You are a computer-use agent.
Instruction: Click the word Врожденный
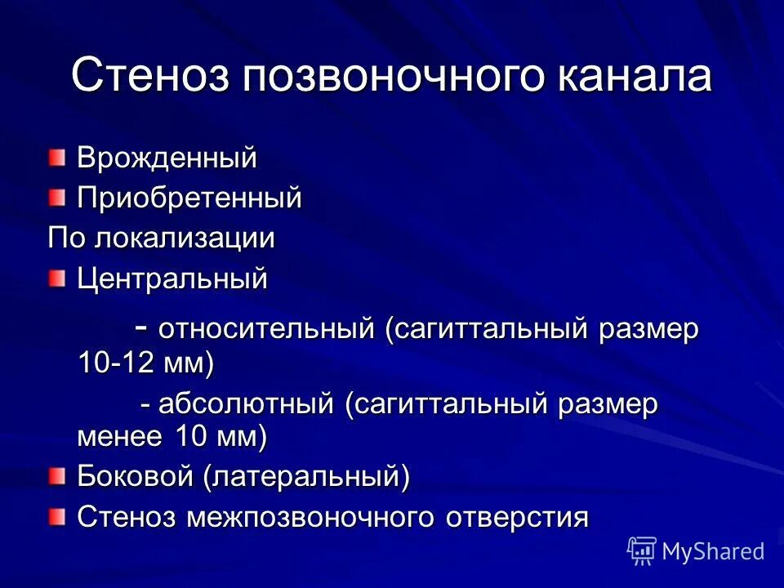pos(167,158)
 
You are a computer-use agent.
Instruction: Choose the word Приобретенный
pos(189,198)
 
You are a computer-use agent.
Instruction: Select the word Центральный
pos(172,278)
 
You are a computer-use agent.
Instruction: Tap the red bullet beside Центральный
pos(56,278)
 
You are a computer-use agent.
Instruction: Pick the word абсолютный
pos(247,404)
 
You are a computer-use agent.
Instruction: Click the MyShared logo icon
pos(642,550)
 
